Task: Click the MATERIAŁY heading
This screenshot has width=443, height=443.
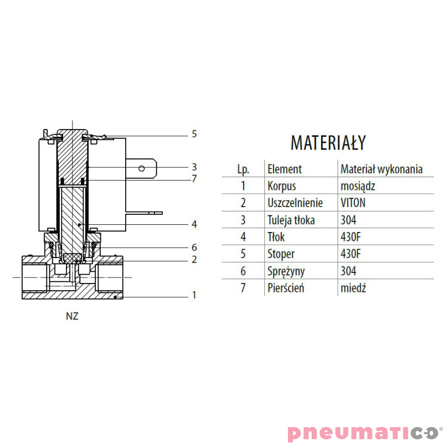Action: [x=328, y=142]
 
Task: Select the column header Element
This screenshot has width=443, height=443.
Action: [x=285, y=169]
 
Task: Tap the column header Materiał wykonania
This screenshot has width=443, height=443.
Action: [x=382, y=169]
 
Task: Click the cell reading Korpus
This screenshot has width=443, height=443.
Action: [x=282, y=186]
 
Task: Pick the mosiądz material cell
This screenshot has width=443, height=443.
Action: [x=358, y=187]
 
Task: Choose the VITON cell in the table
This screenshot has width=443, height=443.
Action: [x=353, y=203]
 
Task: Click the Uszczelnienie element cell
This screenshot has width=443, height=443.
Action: [x=295, y=203]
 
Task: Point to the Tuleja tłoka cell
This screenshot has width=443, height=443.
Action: [x=291, y=220]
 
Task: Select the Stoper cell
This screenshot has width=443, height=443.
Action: [x=281, y=254]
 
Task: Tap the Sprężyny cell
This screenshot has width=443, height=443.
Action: [x=286, y=271]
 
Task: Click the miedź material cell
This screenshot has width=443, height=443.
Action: [x=353, y=288]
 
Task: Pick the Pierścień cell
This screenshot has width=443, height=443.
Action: [x=286, y=288]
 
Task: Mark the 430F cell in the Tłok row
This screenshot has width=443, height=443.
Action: [x=351, y=237]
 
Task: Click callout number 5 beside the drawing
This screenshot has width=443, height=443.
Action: [x=194, y=133]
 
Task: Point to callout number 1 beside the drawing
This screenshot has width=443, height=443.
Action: [x=194, y=295]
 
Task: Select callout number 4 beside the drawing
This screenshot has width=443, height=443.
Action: [x=194, y=224]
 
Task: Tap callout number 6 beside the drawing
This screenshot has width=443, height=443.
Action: [x=194, y=247]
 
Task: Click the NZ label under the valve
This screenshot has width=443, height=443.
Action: [x=72, y=316]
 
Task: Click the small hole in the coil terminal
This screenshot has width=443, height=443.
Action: [x=142, y=169]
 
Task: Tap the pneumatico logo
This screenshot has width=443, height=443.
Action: [x=364, y=433]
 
